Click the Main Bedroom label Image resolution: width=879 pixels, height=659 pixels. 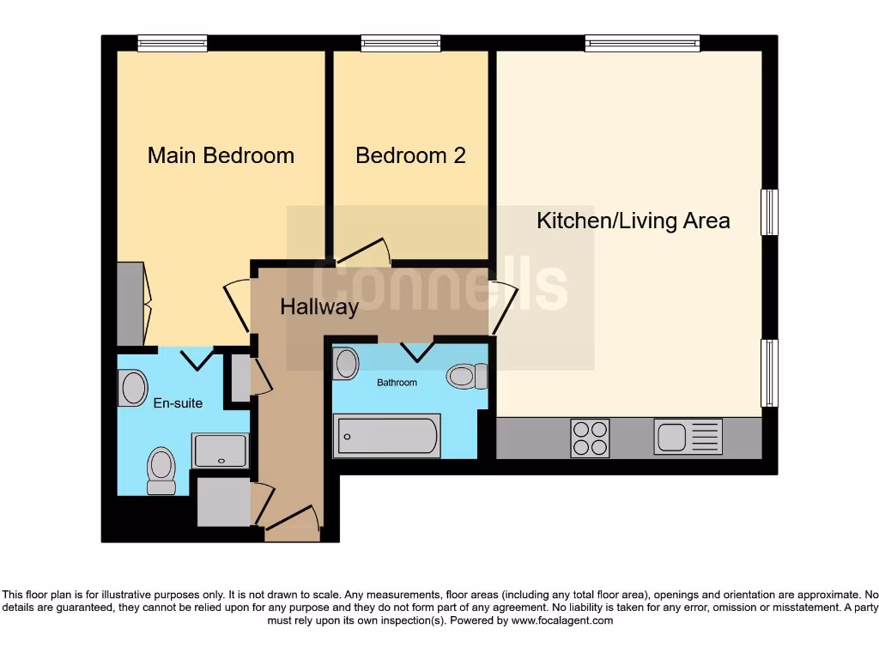(x=221, y=155)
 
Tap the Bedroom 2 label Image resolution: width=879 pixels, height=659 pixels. (x=410, y=155)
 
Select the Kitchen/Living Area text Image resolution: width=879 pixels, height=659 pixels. (x=633, y=221)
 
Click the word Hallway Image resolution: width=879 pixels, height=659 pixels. (x=319, y=307)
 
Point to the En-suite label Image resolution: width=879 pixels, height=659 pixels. (x=178, y=402)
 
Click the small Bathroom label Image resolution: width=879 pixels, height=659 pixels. (x=397, y=383)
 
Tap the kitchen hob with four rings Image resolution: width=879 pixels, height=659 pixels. (x=590, y=438)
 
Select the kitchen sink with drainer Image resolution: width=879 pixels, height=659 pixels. (x=688, y=437)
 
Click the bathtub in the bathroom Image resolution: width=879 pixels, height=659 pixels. (x=388, y=435)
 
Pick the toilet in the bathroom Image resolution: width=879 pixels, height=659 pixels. (x=466, y=376)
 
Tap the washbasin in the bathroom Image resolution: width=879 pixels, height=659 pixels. (x=347, y=363)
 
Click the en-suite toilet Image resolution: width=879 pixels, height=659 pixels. (x=161, y=471)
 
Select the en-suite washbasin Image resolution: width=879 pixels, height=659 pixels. (x=134, y=387)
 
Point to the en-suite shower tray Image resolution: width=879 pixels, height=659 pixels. (x=221, y=450)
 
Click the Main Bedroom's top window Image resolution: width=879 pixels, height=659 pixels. (x=173, y=43)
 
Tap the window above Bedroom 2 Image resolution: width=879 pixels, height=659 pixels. (x=401, y=43)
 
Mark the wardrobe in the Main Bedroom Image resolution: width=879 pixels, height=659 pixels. (x=130, y=304)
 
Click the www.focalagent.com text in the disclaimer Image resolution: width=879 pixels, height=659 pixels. (x=562, y=620)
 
